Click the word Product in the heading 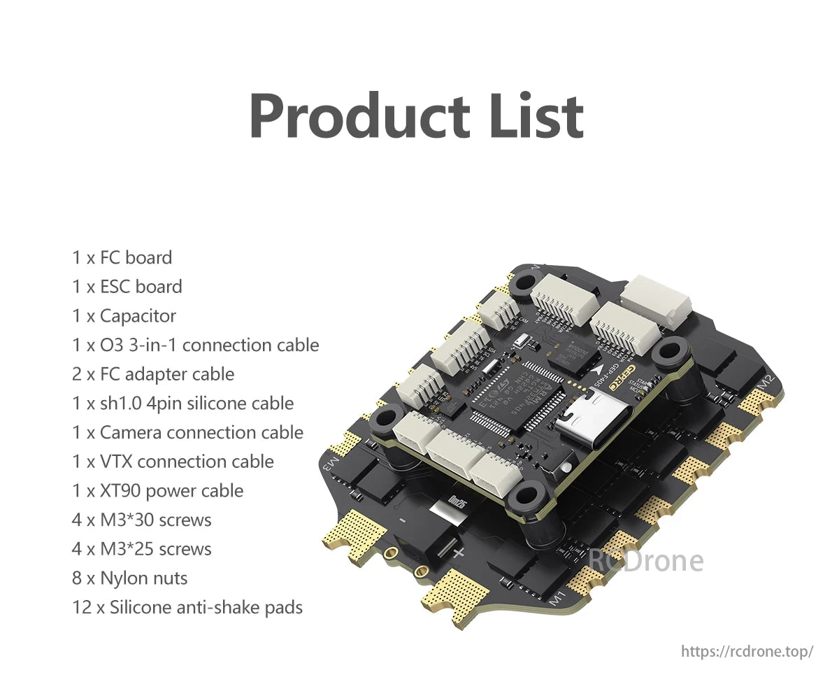358,115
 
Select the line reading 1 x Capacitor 124,316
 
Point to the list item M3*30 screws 141,520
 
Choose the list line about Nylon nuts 129,578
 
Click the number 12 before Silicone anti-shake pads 81,608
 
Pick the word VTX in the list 115,462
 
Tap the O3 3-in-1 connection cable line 195,345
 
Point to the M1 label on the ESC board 557,598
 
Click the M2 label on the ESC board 766,383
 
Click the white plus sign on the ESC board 459,553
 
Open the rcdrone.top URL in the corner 747,652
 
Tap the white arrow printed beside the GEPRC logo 599,366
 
